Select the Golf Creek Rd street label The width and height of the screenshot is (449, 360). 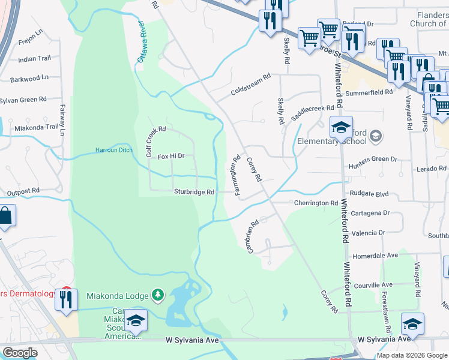tap(155, 142)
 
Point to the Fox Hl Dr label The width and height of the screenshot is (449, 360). tap(170, 156)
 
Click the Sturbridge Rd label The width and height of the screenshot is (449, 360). tap(194, 192)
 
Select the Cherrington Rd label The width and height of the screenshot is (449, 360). tap(316, 203)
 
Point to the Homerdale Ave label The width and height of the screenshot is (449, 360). tap(376, 255)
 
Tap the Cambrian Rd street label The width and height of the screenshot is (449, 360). tap(253, 235)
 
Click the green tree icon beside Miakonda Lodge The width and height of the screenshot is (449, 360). tap(157, 295)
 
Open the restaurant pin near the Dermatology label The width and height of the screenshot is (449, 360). tap(66, 299)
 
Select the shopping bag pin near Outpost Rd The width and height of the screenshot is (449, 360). tap(5, 217)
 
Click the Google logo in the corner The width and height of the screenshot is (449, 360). tap(20, 353)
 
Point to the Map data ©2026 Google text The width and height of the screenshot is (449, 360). tap(412, 355)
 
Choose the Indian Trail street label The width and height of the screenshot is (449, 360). tap(34, 59)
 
